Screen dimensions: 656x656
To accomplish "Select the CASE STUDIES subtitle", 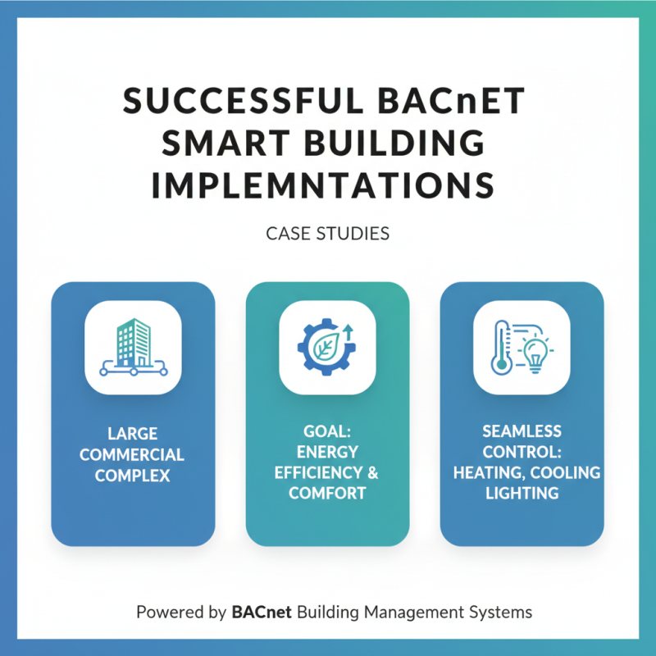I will [327, 235].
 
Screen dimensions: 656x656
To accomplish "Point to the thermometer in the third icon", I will [499, 348].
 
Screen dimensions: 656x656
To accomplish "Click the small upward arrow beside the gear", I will [346, 330].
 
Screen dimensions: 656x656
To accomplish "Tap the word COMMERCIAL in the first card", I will [133, 454].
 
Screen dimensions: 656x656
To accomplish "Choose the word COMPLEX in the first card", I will [133, 475].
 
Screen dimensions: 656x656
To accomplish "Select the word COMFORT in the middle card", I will [327, 494].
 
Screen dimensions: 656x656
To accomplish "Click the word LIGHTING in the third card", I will [522, 493].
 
